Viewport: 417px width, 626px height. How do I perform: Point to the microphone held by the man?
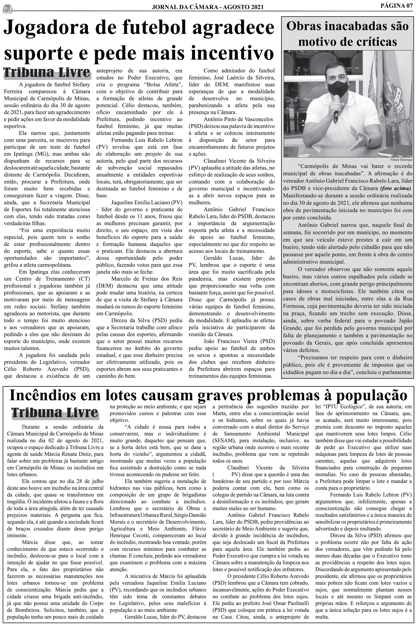336,109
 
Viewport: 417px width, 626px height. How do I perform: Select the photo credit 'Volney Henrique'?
401,160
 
